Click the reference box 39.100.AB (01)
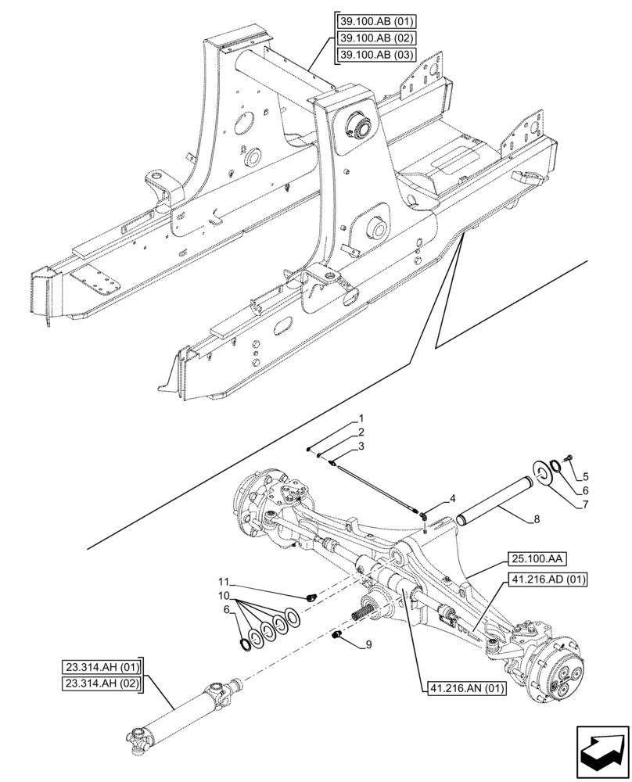pyautogui.click(x=377, y=21)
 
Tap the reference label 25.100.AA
pyautogui.click(x=540, y=558)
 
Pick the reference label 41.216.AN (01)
pyautogui.click(x=467, y=688)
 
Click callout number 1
pyautogui.click(x=361, y=418)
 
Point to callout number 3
pyautogui.click(x=361, y=446)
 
